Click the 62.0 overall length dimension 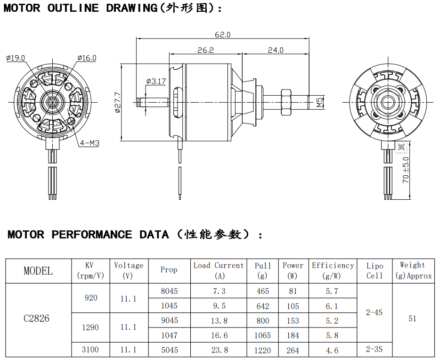coord(223,35)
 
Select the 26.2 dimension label coord(206,50)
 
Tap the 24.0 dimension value coord(276,50)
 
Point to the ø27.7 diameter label coord(118,102)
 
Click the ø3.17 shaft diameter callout coord(156,82)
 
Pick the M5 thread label coord(320,102)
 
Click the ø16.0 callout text coord(87,58)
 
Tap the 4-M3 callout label coord(89,143)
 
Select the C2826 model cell coord(36,318)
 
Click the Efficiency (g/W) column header coord(333,270)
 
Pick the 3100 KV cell coord(90,350)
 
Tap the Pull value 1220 coord(263,350)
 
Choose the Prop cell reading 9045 coord(169,320)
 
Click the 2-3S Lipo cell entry coord(374,349)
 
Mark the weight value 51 coord(412,319)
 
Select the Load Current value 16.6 coord(219,335)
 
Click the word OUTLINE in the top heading coord(73,8)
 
